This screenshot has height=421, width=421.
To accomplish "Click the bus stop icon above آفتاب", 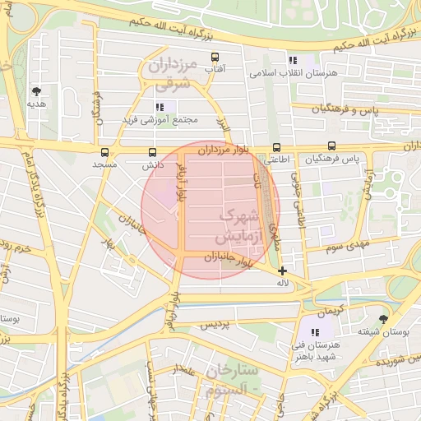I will (x=215, y=58).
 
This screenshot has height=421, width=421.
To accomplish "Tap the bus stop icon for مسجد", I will (x=104, y=152).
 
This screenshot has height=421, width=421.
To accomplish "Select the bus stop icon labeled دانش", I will (x=152, y=152).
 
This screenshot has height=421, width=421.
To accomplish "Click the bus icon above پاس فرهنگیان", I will (x=331, y=146).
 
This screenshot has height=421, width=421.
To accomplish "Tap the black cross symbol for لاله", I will (x=283, y=271).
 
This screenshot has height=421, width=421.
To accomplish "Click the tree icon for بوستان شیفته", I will (x=383, y=319).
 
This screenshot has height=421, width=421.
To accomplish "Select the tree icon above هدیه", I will (x=36, y=91).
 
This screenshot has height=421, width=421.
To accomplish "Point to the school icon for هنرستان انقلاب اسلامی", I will (x=293, y=60).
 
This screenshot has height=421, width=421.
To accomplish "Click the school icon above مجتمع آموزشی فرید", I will (x=160, y=107).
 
